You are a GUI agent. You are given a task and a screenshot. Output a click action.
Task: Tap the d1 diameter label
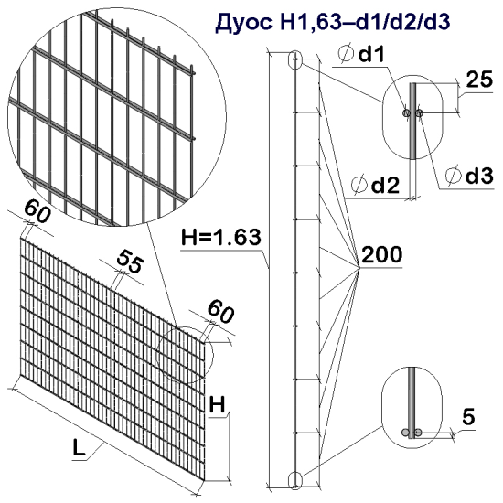[371, 57]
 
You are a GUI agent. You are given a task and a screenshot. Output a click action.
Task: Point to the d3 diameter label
[471, 175]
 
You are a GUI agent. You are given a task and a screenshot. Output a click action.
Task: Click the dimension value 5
[468, 417]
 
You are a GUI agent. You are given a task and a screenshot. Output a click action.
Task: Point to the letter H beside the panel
[218, 402]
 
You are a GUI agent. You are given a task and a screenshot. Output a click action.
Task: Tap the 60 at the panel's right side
[219, 312]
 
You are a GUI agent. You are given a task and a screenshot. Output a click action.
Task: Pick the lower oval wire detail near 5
[412, 408]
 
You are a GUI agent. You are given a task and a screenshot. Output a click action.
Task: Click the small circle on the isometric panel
[184, 352]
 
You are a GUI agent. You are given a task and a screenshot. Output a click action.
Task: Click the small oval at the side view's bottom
[294, 478]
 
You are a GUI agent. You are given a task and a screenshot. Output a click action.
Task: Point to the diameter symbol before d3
[449, 176]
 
